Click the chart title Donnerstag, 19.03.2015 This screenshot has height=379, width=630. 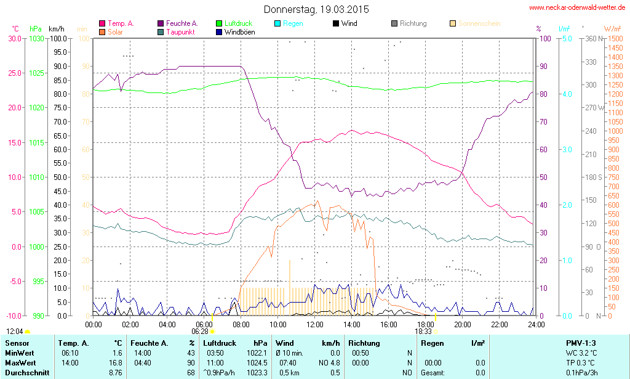pyautogui.click(x=316, y=9)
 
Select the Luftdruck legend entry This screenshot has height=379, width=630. pyautogui.click(x=239, y=23)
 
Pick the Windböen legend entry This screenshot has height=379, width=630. pyautogui.click(x=239, y=31)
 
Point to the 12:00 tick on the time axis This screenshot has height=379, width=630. pyautogui.click(x=315, y=324)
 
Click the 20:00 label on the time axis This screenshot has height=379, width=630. pyautogui.click(x=463, y=324)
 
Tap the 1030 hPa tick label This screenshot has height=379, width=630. pyautogui.click(x=36, y=38)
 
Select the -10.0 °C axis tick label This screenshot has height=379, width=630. pyautogui.click(x=14, y=316)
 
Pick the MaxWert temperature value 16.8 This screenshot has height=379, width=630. pyautogui.click(x=115, y=362)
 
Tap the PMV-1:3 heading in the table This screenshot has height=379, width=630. pyautogui.click(x=580, y=343)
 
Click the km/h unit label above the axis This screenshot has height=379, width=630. pyautogui.click(x=57, y=28)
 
